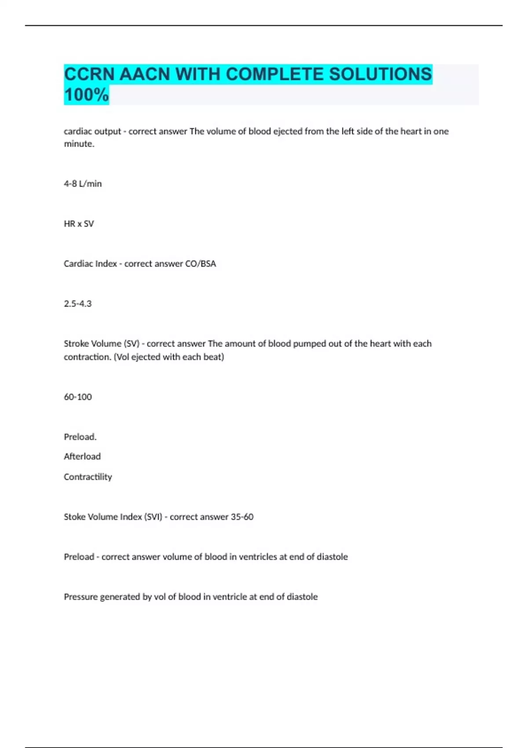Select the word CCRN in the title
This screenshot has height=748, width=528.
(89, 74)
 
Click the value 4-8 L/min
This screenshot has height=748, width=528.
(83, 184)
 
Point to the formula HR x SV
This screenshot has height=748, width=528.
(79, 224)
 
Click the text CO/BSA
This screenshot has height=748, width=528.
(201, 264)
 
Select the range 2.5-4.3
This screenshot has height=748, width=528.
(77, 304)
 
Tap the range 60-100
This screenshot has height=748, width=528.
(78, 397)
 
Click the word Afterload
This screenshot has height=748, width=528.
(82, 457)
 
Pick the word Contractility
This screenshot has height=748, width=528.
(88, 477)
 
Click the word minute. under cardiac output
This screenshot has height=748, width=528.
(79, 144)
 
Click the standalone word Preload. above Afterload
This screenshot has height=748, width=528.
(80, 437)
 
